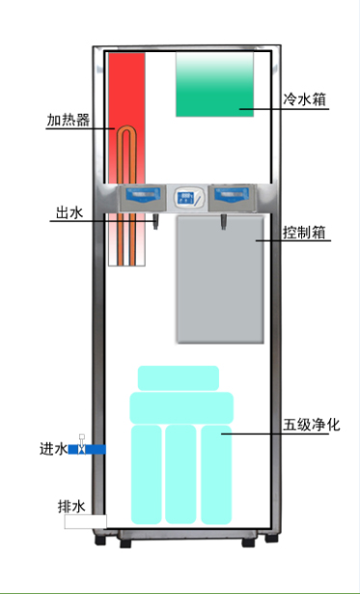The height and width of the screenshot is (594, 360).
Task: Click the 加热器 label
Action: tap(69, 121)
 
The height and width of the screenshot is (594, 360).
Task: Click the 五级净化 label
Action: tap(308, 425)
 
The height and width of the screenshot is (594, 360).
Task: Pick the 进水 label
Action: tap(52, 449)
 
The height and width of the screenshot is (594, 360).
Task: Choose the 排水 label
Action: tap(71, 505)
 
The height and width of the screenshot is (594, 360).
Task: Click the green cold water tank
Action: tap(214, 84)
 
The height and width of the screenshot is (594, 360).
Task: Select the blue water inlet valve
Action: tap(87, 449)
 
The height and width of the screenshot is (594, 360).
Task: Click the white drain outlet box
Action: tap(85, 522)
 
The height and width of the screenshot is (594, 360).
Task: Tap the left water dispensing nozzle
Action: tap(152, 223)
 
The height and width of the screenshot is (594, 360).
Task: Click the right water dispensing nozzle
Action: tap(223, 223)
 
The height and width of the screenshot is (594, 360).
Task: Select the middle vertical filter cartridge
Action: tap(181, 473)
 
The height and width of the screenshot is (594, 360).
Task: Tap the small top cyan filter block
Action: tap(179, 378)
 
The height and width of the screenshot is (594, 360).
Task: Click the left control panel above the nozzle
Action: tap(144, 197)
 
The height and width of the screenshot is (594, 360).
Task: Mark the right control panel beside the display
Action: tap(232, 197)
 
